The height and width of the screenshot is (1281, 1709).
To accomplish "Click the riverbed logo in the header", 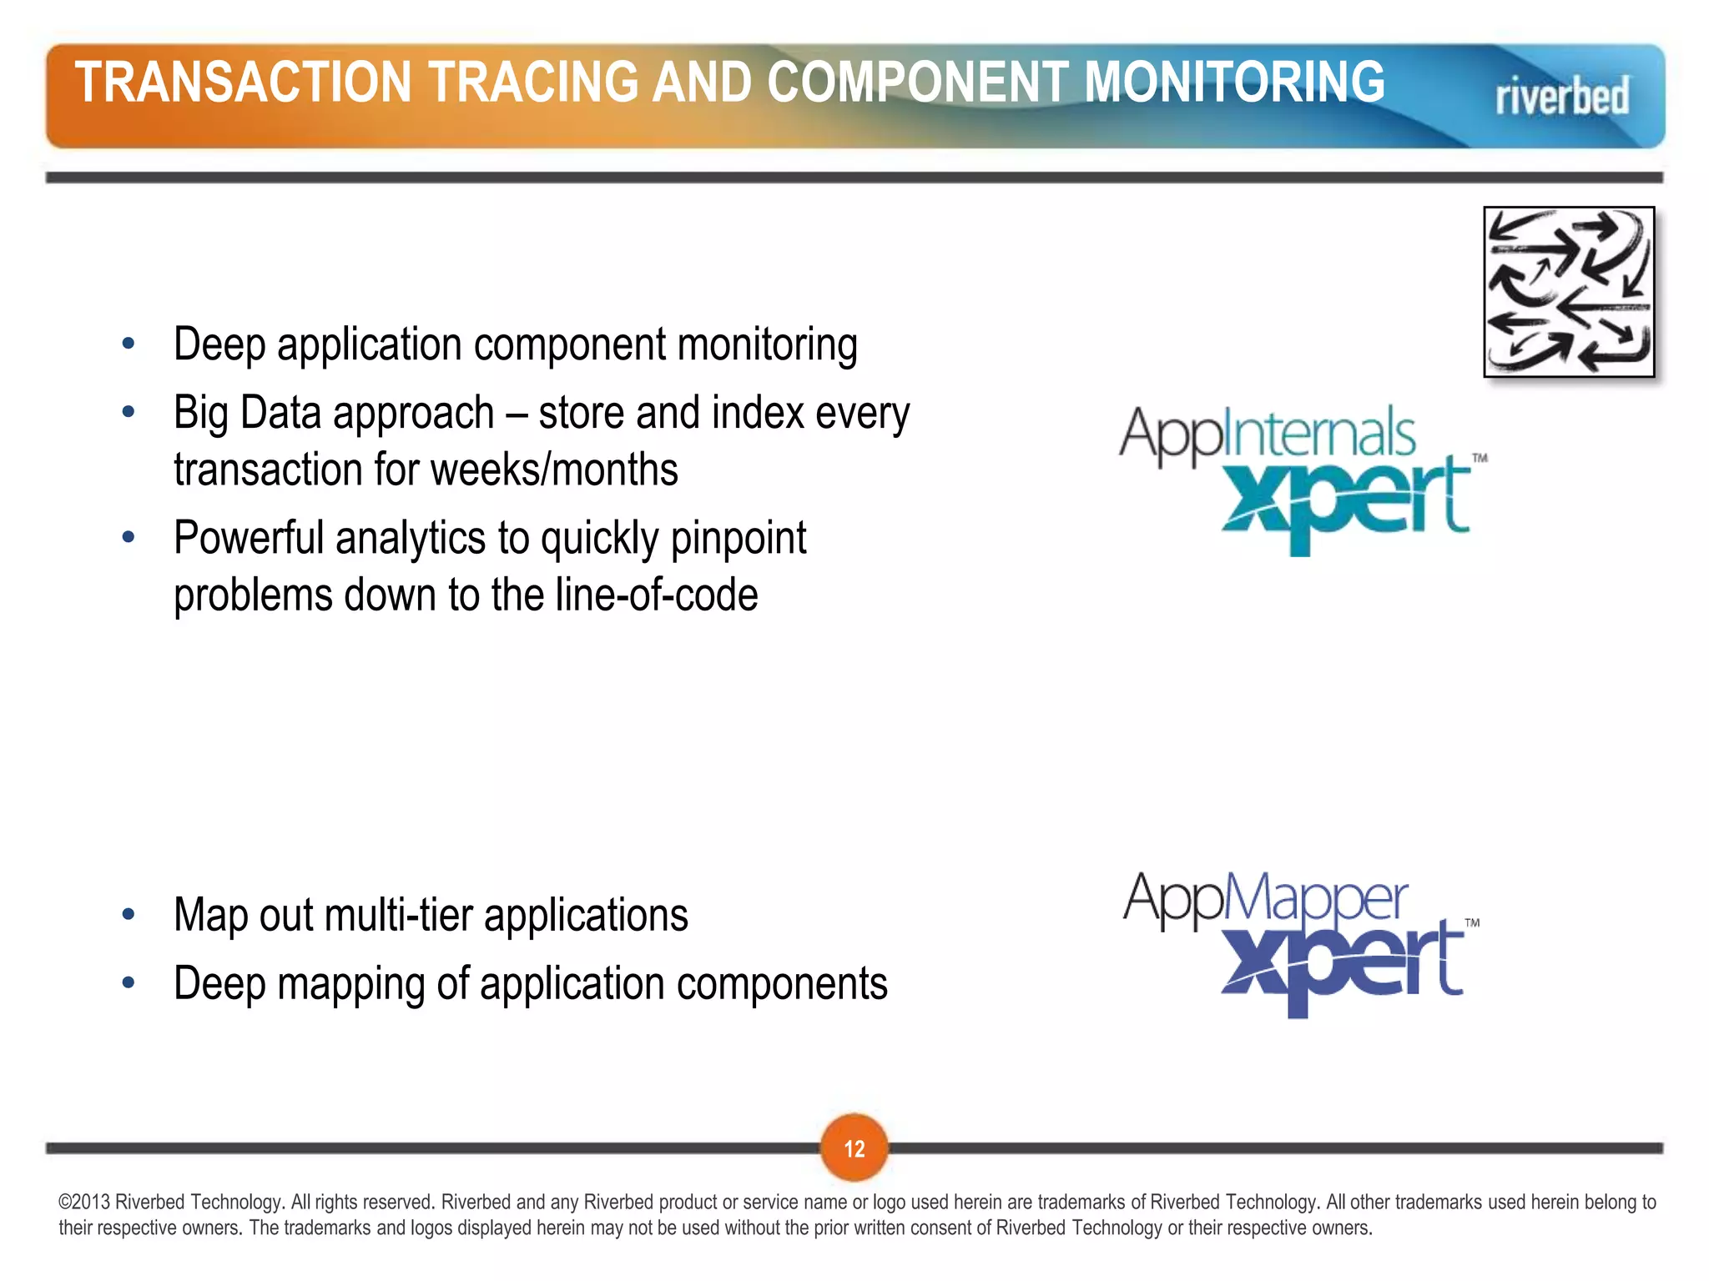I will [x=1561, y=97].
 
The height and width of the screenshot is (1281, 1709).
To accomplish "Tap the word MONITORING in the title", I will [x=1234, y=82].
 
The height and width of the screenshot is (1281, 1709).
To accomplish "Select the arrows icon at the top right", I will [x=1568, y=292].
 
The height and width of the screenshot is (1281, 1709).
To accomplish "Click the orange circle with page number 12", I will [x=854, y=1148].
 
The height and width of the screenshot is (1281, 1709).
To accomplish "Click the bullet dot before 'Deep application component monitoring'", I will [x=128, y=344].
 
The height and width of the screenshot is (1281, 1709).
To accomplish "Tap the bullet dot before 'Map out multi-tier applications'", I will [x=128, y=915].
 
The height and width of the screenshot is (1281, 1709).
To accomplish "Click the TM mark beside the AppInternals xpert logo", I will [x=1480, y=458].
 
